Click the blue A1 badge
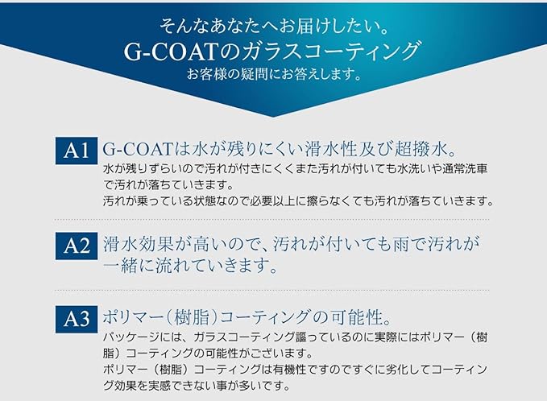point(77,151)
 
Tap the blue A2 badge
point(77,246)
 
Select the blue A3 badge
point(77,319)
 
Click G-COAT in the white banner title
point(172,52)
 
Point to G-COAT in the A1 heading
point(138,150)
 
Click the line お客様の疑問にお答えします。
point(274,75)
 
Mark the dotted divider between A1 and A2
point(271,220)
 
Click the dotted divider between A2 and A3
point(271,290)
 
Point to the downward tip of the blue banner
point(274,117)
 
